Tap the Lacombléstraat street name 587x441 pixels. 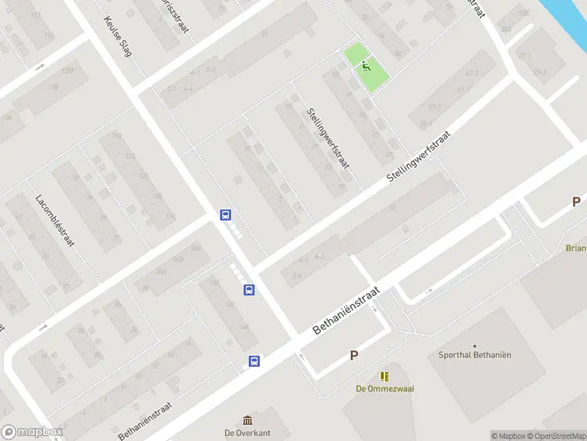[x=57, y=220]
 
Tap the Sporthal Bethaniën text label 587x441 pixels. [x=474, y=355]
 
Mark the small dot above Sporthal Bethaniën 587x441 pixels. [x=475, y=345]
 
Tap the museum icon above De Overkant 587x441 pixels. [x=248, y=420]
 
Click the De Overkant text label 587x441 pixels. [x=247, y=433]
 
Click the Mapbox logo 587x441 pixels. [x=32, y=432]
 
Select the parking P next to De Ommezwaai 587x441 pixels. [x=354, y=356]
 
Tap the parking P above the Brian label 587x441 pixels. [x=577, y=201]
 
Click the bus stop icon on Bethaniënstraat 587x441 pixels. [x=254, y=361]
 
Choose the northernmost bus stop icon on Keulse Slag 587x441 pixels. [x=225, y=215]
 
